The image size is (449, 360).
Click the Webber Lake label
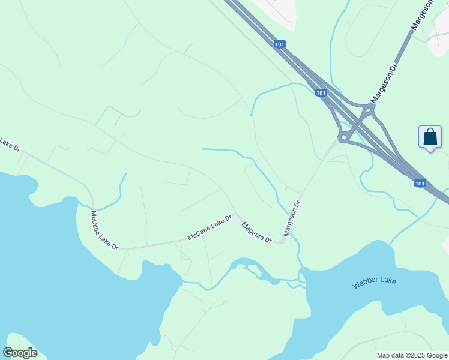(375, 283)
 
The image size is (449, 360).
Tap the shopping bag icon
(430, 137)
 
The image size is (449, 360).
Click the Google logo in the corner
(20, 353)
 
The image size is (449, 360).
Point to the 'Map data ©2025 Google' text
(412, 355)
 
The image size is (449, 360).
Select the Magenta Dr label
(256, 233)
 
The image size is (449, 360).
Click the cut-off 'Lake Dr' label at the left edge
(10, 144)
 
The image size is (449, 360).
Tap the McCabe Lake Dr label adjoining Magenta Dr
(209, 228)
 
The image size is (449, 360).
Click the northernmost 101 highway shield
(279, 44)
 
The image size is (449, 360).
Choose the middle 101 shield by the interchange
(321, 93)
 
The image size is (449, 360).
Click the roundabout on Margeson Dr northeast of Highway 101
(367, 110)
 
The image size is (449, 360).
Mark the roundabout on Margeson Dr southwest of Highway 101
(343, 138)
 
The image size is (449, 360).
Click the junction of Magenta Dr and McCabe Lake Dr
(236, 214)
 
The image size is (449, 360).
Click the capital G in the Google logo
(8, 352)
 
